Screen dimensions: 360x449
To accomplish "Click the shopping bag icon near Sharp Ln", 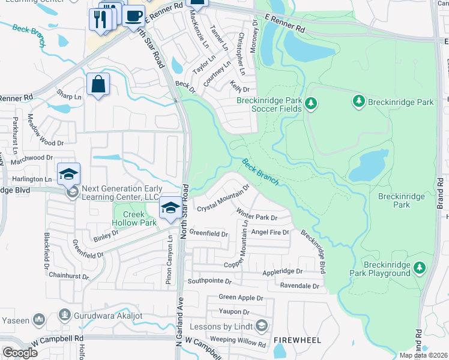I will [x=98, y=84].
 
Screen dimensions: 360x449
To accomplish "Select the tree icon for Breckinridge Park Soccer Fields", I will [x=311, y=104].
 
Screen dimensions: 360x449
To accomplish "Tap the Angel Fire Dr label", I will [x=270, y=232].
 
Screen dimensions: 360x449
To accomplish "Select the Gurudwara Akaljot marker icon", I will [x=65, y=315].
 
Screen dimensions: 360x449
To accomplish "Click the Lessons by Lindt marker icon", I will [x=262, y=326].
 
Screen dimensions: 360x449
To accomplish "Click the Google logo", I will [x=20, y=352].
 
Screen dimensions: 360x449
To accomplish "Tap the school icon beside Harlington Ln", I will [x=68, y=174].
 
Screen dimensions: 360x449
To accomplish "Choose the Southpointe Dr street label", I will [x=209, y=281].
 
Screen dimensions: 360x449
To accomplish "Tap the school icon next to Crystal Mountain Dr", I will [x=170, y=208].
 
